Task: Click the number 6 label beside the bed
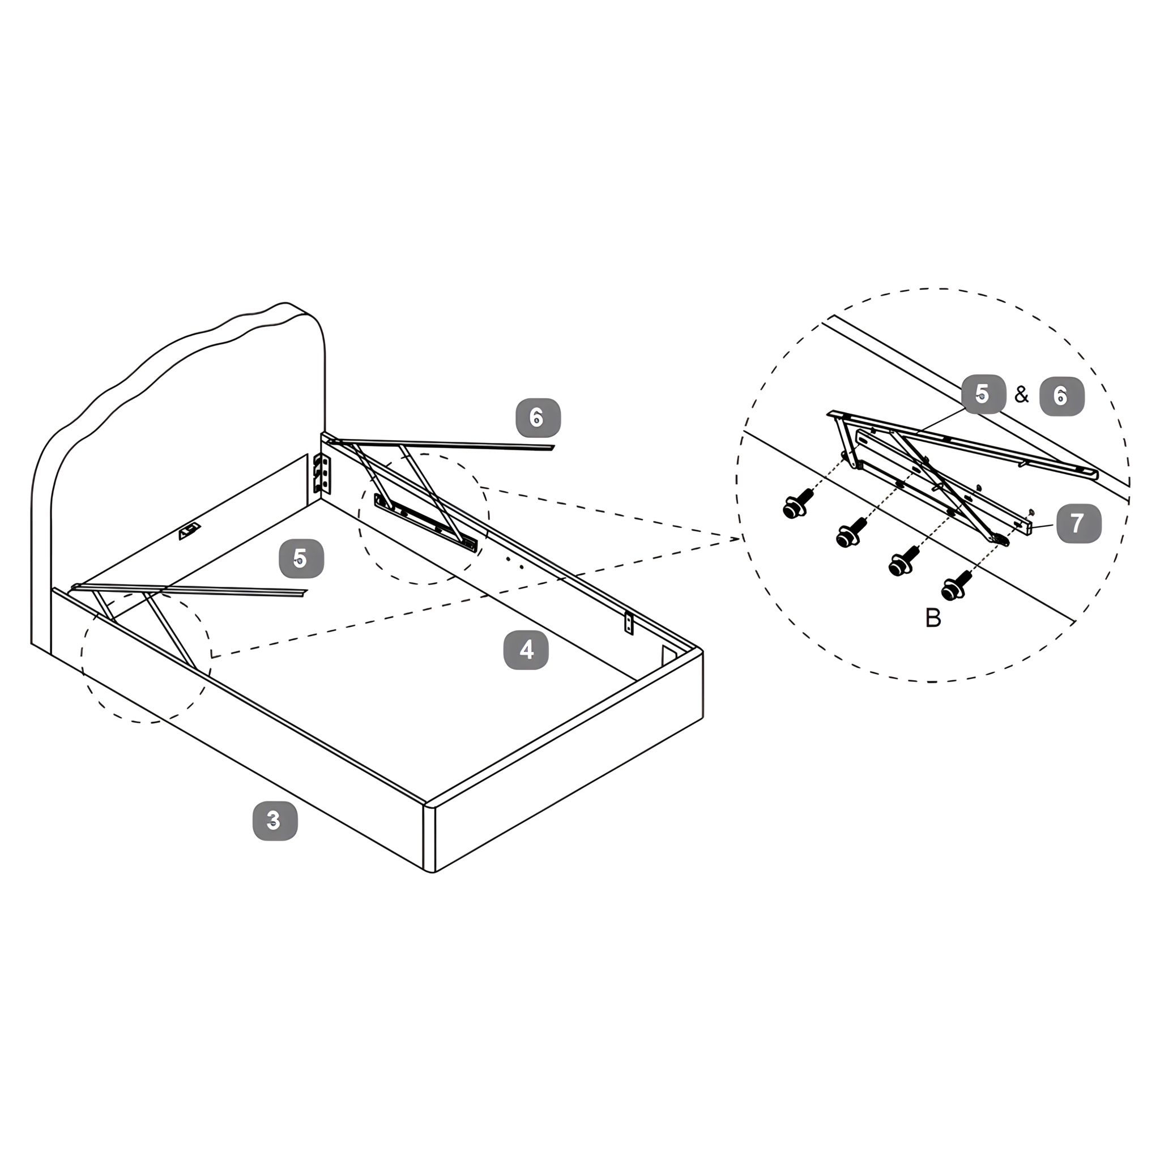538,417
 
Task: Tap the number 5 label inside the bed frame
301,559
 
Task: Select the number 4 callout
526,650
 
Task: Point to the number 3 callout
275,820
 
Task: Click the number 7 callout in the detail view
1079,523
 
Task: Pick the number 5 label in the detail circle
983,394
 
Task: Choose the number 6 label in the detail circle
1061,396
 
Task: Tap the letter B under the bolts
933,618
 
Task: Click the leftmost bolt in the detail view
798,504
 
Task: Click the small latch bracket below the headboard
189,531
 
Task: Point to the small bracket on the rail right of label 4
629,623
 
